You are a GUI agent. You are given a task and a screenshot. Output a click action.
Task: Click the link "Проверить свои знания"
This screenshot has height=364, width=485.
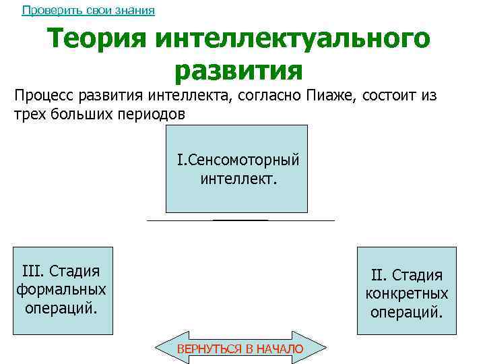tap(88, 11)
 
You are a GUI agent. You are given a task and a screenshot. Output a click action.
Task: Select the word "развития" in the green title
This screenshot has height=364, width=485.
tap(238, 69)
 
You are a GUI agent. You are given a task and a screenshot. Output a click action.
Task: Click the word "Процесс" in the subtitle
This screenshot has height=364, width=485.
tap(43, 95)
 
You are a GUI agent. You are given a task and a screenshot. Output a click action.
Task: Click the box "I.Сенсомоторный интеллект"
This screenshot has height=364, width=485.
tap(236, 169)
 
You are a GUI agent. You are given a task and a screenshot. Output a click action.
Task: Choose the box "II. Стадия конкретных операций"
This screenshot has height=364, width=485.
tap(406, 291)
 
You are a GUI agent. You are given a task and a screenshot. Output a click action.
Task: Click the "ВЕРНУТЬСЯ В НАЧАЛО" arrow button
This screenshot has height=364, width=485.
tap(240, 348)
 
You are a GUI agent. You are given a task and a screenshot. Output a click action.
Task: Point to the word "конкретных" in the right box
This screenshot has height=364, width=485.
tap(406, 294)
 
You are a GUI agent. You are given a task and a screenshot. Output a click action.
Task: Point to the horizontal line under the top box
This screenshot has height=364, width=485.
tap(240, 220)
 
